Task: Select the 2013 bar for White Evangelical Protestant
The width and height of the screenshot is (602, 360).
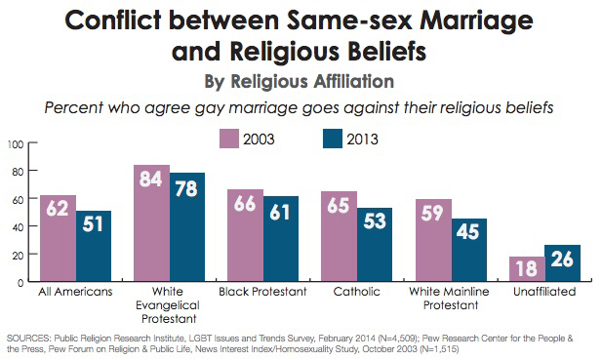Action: [189, 228]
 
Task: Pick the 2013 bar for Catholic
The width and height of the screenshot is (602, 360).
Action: [374, 245]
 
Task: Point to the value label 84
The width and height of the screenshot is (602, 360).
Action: [152, 181]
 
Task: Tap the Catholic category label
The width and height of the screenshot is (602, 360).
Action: [355, 293]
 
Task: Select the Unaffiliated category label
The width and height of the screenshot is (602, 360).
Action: [542, 293]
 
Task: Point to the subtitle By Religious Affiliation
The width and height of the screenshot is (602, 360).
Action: [301, 80]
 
